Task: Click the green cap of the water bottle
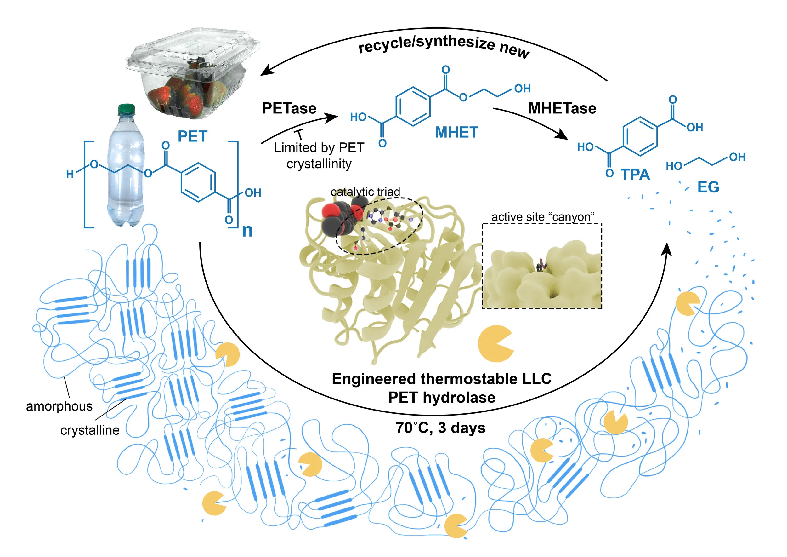click(x=127, y=109)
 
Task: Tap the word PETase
click(x=289, y=108)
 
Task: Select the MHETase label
click(x=562, y=108)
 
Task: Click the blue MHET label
click(x=456, y=132)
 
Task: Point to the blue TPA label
click(x=635, y=175)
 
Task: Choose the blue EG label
click(x=708, y=187)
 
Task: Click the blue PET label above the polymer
click(x=192, y=136)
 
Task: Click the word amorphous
click(x=59, y=406)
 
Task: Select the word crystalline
click(x=90, y=430)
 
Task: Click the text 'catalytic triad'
click(x=365, y=192)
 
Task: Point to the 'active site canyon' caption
click(x=543, y=217)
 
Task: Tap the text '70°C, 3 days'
click(x=440, y=428)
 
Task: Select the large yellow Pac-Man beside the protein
click(x=495, y=344)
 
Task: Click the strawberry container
click(x=192, y=74)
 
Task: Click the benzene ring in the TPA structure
click(x=640, y=136)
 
